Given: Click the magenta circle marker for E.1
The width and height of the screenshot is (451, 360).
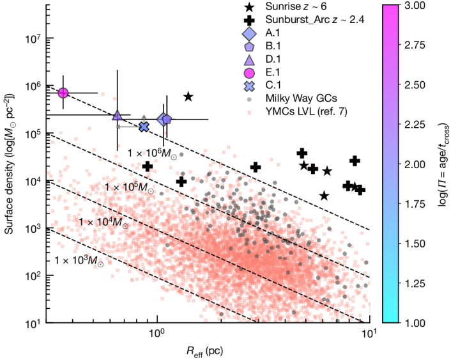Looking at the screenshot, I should pyautogui.click(x=63, y=93).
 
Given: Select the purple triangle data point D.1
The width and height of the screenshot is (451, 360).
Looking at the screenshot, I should pyautogui.click(x=117, y=116).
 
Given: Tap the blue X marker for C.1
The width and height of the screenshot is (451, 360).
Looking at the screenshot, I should pyautogui.click(x=144, y=127).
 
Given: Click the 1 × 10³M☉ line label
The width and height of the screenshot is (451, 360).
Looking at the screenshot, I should pyautogui.click(x=79, y=260).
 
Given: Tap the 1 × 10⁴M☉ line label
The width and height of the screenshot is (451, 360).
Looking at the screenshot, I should pyautogui.click(x=103, y=221).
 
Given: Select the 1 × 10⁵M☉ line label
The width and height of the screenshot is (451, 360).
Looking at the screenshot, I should pyautogui.click(x=128, y=187).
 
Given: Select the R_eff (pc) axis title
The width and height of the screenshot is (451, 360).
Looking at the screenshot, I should pyautogui.click(x=208, y=351).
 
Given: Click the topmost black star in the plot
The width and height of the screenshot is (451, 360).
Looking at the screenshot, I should pyautogui.click(x=188, y=97).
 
